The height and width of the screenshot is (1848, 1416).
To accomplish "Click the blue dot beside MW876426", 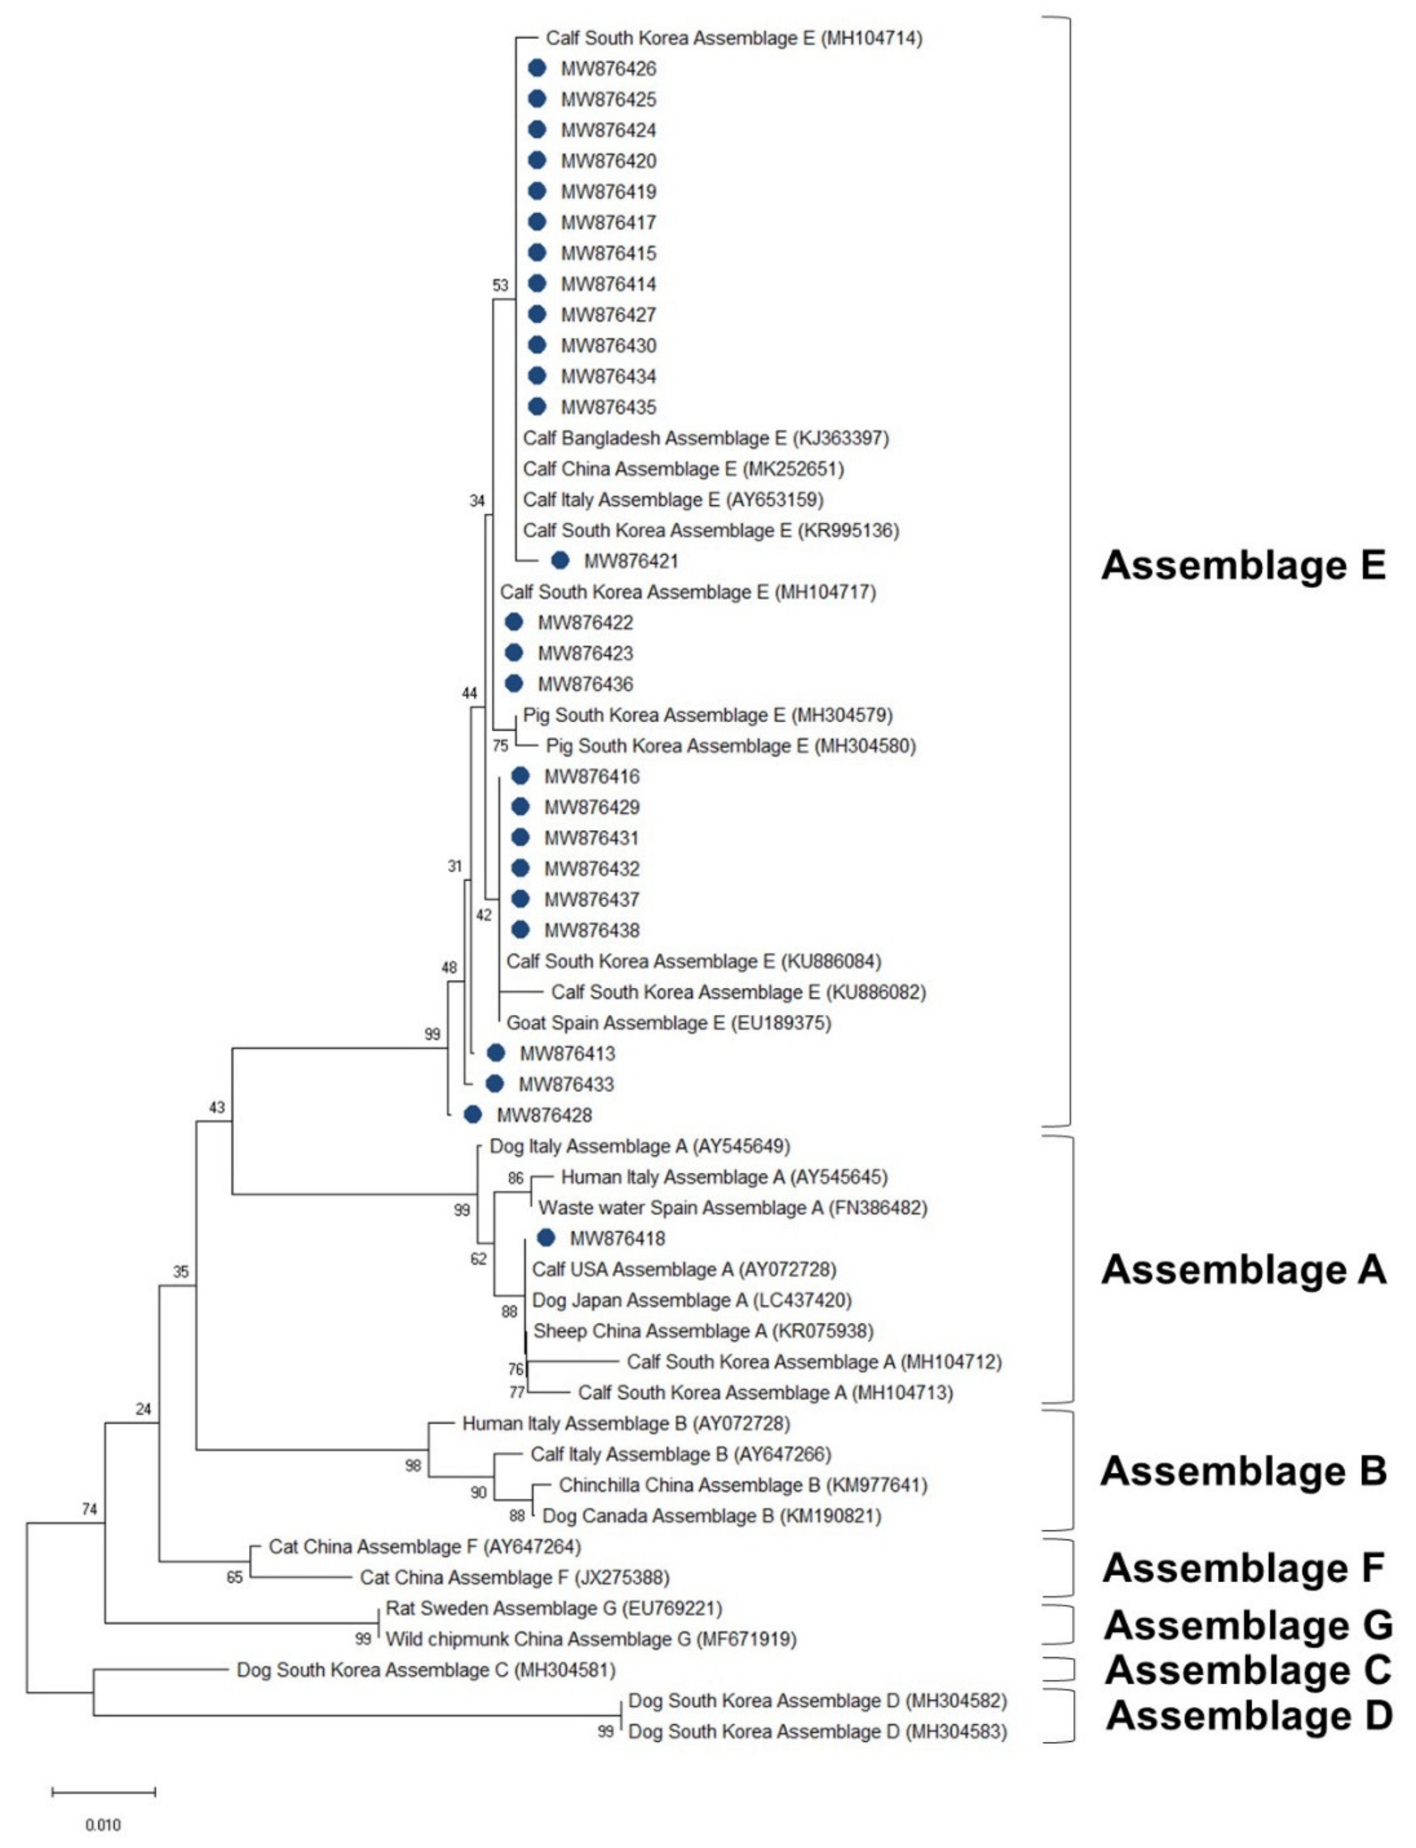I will pos(537,68).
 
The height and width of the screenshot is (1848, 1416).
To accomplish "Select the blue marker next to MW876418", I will pos(546,1238).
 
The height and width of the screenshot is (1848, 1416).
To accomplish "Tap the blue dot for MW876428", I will pos(473,1115).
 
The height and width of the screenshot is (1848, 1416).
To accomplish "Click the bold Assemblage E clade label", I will pos(1243,565).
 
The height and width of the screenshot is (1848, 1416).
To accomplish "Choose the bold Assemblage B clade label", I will pos(1243,1471).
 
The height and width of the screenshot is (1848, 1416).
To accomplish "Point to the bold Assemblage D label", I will pos(1248,1715).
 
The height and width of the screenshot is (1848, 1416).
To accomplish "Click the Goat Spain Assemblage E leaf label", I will pos(668,1023).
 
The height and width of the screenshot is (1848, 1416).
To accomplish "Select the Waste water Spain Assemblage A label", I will pos(732,1207).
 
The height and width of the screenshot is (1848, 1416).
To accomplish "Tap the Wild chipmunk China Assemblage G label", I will pos(591,1639).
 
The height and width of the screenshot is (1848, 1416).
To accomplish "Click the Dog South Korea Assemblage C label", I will pos(426,1669).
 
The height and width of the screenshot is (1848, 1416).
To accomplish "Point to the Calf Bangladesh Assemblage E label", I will pos(706,438).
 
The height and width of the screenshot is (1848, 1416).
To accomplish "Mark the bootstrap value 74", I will pos(89,1509).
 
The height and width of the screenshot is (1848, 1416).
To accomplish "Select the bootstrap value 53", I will pos(501,285).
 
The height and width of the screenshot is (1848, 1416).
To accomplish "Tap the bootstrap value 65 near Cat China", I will pos(234,1577).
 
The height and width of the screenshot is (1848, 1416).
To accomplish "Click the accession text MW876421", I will pos(632,561).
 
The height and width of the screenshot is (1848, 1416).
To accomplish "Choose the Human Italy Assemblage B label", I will pos(626,1423).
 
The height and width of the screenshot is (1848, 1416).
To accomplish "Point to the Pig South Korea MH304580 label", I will pos(731,745).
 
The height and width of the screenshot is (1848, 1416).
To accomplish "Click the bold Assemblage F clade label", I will pos(1243,1568).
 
